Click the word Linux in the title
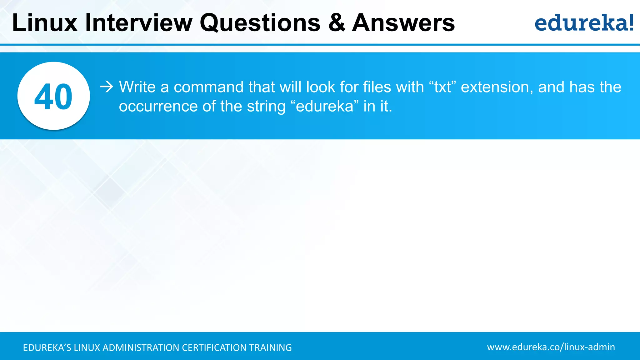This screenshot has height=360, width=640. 45,23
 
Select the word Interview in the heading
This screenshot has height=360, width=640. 139,23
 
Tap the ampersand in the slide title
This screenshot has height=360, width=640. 337,23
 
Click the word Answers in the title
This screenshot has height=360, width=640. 403,23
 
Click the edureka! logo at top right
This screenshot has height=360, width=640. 584,23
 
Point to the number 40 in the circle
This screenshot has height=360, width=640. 53,97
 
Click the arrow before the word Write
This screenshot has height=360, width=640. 107,87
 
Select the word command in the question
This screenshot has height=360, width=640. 208,87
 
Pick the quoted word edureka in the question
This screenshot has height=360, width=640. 324,106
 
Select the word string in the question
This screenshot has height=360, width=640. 266,106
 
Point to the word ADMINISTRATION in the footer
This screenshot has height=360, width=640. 141,347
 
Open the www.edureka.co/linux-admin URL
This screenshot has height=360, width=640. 551,347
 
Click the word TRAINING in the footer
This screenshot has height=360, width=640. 270,347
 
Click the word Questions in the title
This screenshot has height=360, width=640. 260,23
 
